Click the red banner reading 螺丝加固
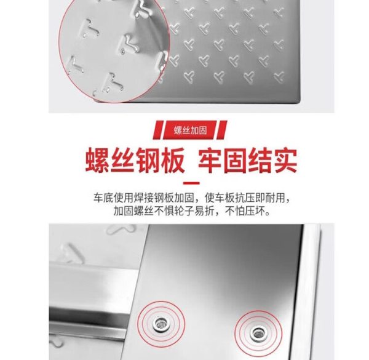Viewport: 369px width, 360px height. coord(190,130)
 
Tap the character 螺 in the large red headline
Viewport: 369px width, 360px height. coord(97,160)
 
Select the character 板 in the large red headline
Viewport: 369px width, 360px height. coord(172,160)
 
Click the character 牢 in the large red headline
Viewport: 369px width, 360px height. coord(210,160)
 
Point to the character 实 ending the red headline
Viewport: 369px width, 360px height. coord(285,160)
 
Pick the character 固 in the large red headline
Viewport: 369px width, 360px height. coord(235,160)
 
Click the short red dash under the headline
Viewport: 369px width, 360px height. coord(191,183)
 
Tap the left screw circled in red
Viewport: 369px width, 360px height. coord(161,323)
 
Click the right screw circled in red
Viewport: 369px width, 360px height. coord(258,333)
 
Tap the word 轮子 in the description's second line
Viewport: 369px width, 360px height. coord(184,211)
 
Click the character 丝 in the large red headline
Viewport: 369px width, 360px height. coord(122,160)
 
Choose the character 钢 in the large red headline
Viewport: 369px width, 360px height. coord(148,160)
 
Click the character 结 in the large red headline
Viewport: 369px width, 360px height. coord(260,160)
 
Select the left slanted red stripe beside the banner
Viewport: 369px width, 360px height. coord(158,130)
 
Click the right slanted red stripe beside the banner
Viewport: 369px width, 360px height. coord(222,130)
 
